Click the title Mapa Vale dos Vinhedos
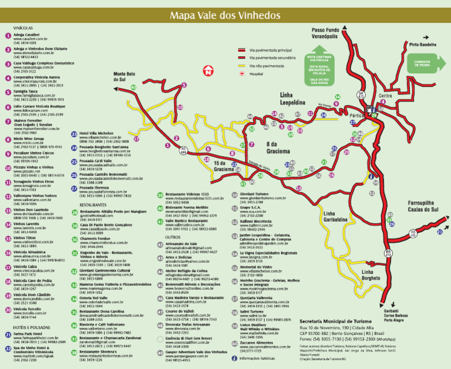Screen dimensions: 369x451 click(x=225, y=15)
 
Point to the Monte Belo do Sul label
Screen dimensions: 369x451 click(x=124, y=77)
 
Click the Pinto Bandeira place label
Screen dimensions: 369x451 click(x=422, y=44)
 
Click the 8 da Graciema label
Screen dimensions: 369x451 click(x=277, y=147)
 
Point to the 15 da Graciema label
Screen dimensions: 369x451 click(x=223, y=166)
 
